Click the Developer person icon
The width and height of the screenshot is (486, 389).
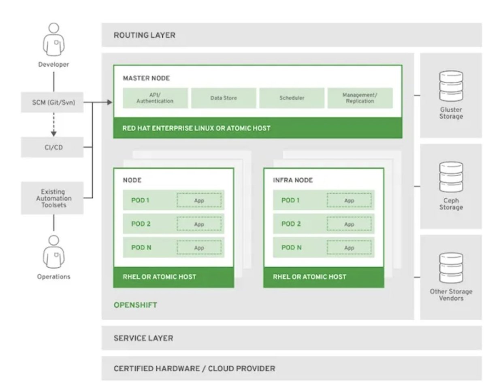coord(53,40)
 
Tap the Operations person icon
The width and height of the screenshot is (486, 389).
coord(53,253)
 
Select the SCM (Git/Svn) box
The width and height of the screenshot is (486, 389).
coord(52,102)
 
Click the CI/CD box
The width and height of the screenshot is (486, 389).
coord(52,147)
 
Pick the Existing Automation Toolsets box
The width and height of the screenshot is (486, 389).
coord(52,198)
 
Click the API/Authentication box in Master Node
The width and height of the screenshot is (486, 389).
coord(156,98)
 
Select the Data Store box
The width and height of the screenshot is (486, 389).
coord(224,98)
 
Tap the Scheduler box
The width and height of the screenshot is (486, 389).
coord(292,98)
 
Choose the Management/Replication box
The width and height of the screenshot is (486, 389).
coord(360,98)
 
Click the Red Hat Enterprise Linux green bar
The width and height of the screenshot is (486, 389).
coord(258,128)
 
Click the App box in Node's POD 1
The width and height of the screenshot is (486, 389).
coord(199,200)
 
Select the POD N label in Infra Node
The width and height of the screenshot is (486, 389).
coord(291,247)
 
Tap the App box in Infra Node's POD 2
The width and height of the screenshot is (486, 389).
coord(349,224)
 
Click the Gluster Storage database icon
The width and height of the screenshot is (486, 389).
coord(451,86)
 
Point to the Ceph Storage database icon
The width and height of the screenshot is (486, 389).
coord(451,177)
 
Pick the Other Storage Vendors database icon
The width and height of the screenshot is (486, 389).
coord(451,268)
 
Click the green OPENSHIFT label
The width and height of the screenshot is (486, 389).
coord(135,304)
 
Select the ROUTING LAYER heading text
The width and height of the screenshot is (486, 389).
coord(144,35)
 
